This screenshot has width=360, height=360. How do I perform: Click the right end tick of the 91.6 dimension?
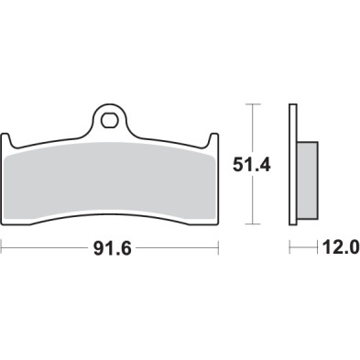tap(219, 247)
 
